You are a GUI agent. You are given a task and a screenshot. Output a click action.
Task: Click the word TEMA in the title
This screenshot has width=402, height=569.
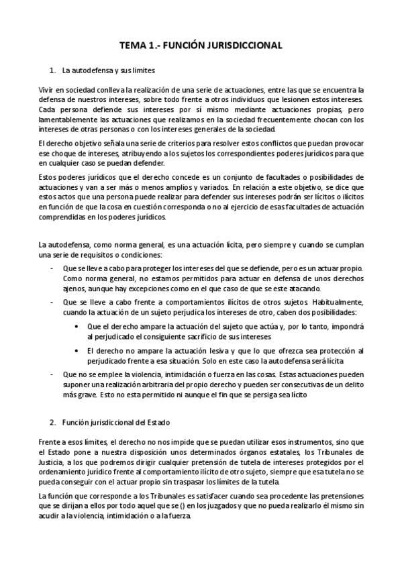(132, 45)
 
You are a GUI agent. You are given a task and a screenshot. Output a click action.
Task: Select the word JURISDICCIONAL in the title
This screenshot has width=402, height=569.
(242, 45)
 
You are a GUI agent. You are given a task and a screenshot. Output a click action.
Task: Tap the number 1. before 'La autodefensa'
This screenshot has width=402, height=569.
(53, 70)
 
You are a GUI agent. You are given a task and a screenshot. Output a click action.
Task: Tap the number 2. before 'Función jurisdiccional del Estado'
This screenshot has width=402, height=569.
(53, 423)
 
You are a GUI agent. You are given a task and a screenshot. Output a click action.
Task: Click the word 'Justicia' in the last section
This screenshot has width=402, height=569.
(50, 463)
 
